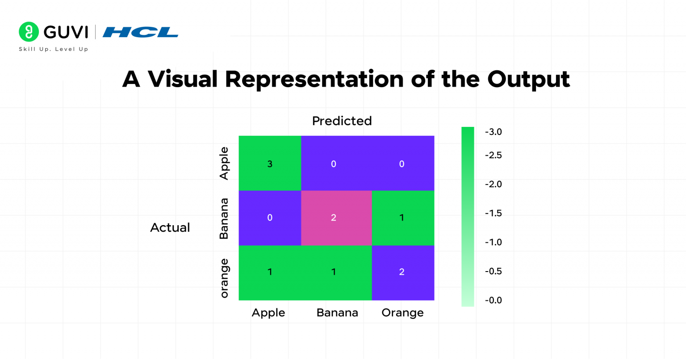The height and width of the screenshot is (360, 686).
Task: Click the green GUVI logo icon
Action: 29,32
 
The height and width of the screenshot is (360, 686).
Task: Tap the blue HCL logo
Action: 140,32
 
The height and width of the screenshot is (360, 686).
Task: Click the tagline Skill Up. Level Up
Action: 54,49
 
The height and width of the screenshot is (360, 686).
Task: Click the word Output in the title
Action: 528,80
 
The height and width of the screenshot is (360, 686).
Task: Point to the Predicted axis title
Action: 342,121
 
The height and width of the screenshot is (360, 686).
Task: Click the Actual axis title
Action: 170,227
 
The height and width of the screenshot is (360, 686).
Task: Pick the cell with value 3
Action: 270,163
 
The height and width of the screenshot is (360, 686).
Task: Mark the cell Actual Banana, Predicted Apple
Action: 270,218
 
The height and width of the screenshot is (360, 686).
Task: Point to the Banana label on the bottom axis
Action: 337,313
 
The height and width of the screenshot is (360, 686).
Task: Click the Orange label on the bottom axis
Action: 402,313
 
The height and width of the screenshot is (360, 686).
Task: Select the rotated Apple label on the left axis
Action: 224,163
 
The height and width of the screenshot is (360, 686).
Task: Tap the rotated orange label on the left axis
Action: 224,278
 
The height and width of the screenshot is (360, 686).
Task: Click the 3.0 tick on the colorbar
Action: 494,132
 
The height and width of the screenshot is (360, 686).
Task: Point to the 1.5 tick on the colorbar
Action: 494,213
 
